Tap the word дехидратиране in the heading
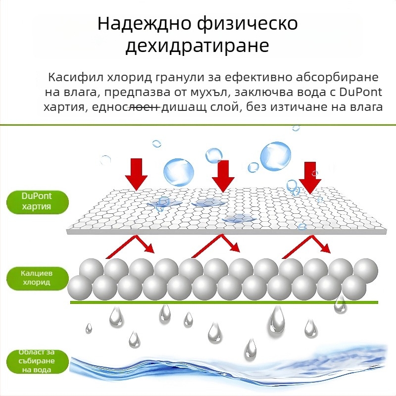pos(198,46)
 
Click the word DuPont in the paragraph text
pos(356,93)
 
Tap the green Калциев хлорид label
pos(37,277)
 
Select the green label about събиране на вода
pos(37,360)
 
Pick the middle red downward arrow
pos(223,176)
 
